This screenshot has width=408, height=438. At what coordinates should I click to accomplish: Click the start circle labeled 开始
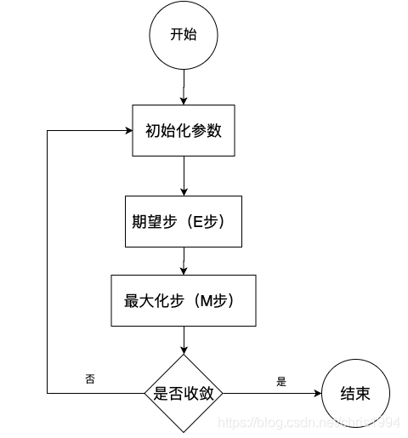(184, 36)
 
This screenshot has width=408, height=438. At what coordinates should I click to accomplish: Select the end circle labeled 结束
(353, 394)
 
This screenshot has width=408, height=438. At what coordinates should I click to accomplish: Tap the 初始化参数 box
(184, 131)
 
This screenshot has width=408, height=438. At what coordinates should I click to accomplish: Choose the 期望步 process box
(184, 221)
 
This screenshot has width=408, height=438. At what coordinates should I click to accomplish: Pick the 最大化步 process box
(184, 300)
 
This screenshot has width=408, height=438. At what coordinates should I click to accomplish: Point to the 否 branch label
(90, 377)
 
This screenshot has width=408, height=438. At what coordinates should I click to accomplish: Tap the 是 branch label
(281, 382)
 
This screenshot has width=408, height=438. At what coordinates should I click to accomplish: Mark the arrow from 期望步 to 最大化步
(184, 260)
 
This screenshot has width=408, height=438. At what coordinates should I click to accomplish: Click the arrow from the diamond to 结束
(272, 394)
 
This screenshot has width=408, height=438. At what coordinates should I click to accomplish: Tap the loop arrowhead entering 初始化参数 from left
(127, 131)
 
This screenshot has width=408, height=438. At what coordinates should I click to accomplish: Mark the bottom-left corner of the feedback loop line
(47, 394)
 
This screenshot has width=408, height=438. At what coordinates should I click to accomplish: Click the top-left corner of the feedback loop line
(47, 131)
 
